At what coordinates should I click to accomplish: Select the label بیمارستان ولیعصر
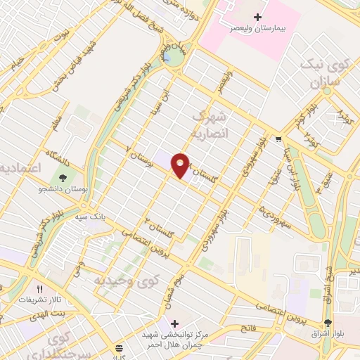pyautogui.click(x=259, y=30)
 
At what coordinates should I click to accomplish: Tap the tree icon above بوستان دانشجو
pyautogui.click(x=64, y=178)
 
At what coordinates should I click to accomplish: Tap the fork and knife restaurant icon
pyautogui.click(x=40, y=288)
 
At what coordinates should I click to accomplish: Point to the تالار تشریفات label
pyautogui.click(x=37, y=300)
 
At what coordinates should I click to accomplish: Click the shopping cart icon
pyautogui.click(x=278, y=139)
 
